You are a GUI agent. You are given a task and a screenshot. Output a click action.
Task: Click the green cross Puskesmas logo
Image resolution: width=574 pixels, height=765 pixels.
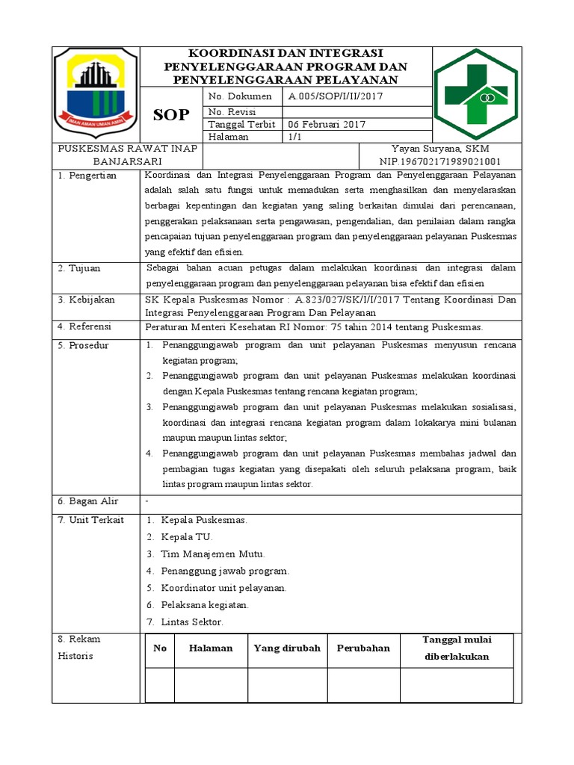pos(476,93)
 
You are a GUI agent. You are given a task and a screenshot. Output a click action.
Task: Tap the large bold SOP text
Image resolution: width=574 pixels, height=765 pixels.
pos(171,115)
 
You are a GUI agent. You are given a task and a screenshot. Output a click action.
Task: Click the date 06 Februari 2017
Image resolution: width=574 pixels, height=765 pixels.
pos(327,124)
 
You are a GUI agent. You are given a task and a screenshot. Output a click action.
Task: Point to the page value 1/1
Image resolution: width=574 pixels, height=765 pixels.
pos(294,137)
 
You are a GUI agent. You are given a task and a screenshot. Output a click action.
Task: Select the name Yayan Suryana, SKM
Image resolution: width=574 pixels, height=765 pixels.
pos(440,149)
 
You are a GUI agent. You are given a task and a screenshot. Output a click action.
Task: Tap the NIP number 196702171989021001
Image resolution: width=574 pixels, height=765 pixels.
pos(440,161)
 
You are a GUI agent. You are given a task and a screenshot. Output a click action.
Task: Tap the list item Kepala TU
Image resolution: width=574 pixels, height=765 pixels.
pos(187,537)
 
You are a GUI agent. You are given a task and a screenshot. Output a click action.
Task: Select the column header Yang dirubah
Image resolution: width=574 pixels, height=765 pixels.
pos(287,648)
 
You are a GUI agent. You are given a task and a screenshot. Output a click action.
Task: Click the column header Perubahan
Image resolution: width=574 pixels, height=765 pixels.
pos(363,648)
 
